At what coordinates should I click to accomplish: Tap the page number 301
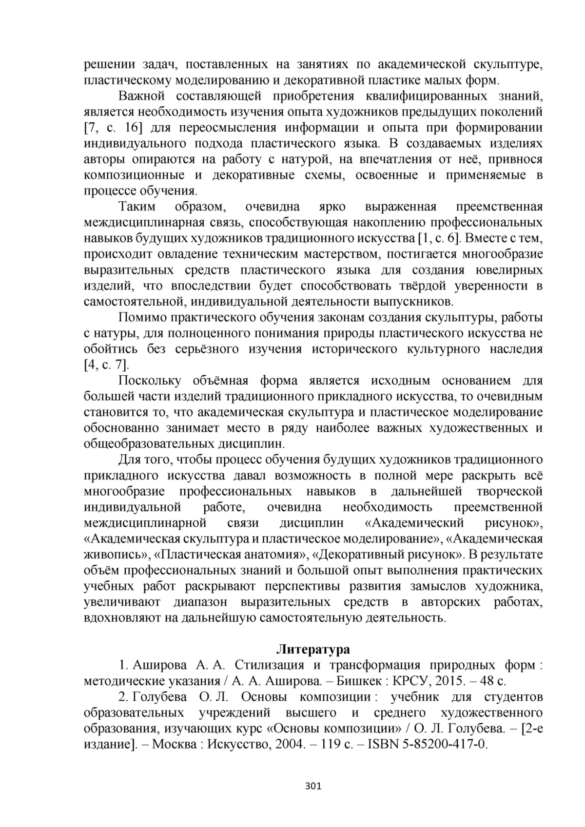(x=312, y=786)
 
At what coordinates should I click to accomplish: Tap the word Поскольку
(x=150, y=381)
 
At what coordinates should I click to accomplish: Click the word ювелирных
(x=512, y=270)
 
